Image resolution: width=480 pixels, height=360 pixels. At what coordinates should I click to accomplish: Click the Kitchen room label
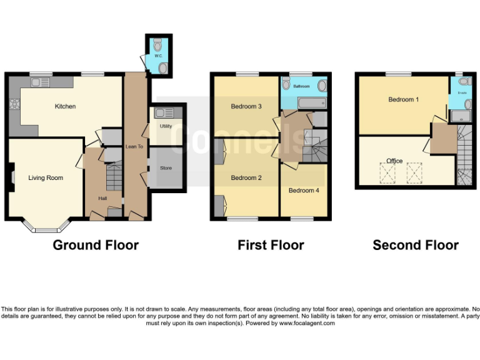65,106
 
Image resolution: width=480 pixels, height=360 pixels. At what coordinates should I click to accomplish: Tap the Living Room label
46,178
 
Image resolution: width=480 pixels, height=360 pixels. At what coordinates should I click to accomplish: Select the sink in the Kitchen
42,82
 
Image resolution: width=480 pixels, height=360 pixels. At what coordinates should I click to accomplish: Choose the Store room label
166,168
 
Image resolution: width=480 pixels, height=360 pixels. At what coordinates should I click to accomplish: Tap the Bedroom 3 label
246,106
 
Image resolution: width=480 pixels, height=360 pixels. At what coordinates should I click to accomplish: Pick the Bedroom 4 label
304,191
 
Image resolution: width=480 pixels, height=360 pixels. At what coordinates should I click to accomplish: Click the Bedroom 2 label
246,178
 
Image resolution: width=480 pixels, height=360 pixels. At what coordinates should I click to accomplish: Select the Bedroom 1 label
403,99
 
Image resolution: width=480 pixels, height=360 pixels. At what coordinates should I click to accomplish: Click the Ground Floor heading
96,245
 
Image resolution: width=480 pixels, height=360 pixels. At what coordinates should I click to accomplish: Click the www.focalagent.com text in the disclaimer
306,323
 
